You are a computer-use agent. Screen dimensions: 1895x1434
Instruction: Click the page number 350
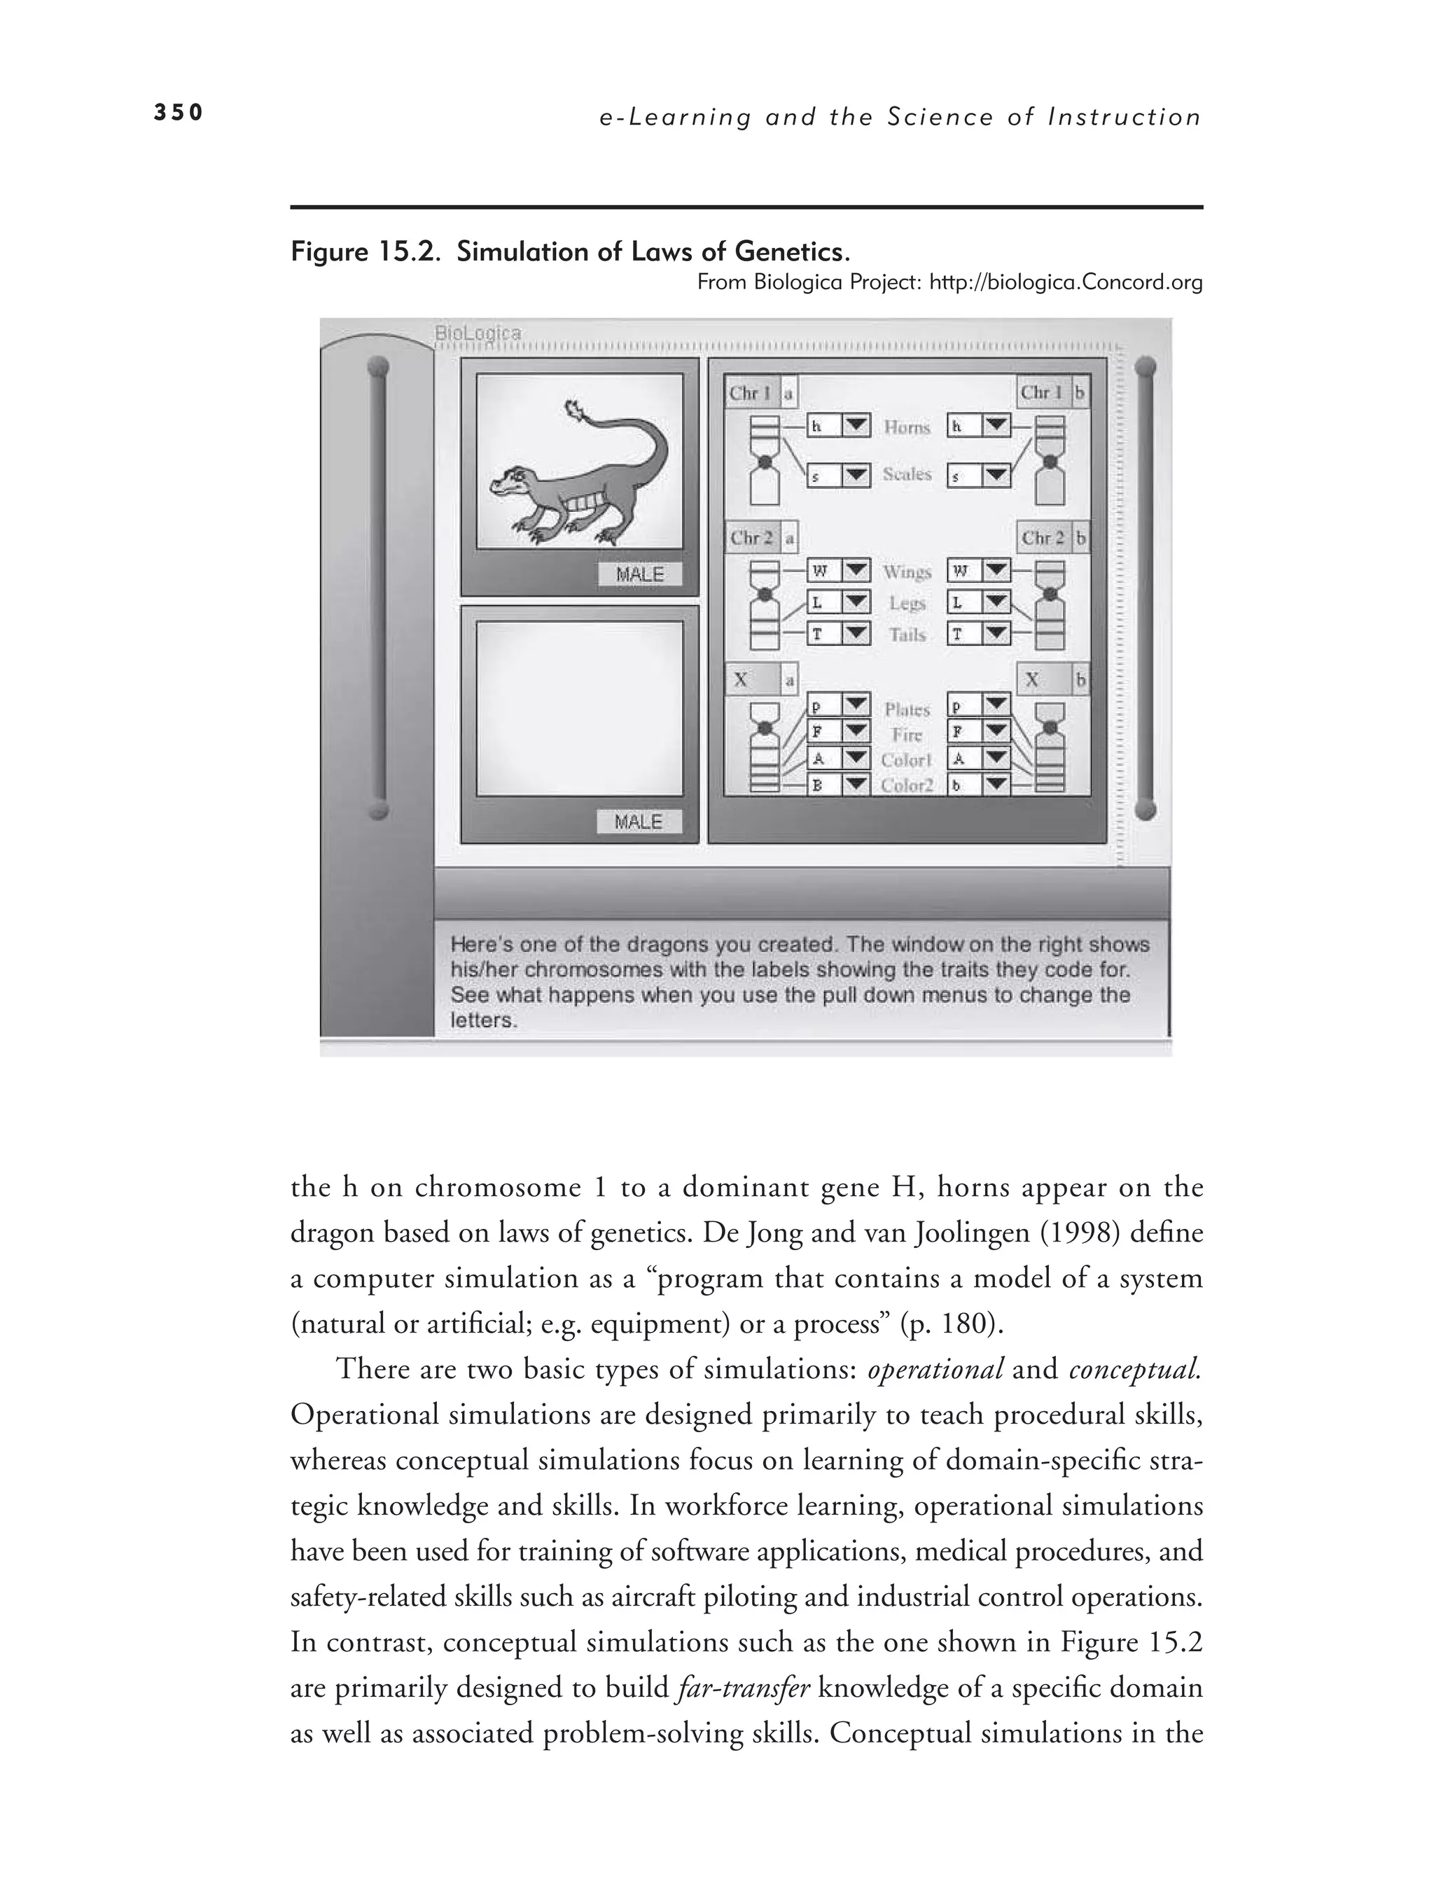(178, 112)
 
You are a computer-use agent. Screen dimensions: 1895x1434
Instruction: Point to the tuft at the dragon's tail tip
(574, 412)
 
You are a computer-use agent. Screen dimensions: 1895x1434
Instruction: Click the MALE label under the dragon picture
(639, 574)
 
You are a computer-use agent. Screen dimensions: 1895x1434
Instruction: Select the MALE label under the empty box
(639, 821)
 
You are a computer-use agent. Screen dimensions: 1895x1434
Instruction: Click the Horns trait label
(906, 426)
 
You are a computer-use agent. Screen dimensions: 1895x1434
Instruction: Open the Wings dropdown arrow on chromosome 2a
(856, 571)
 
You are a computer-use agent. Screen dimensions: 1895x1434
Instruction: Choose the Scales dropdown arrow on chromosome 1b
(996, 476)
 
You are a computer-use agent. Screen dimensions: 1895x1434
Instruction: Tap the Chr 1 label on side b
(1040, 394)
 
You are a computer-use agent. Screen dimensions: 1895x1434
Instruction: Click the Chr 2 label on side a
(751, 538)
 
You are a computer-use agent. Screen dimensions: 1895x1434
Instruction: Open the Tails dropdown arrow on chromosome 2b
(996, 634)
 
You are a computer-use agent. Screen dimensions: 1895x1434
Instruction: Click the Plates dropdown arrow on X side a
(856, 706)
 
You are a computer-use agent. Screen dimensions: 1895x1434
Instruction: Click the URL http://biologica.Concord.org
(1066, 282)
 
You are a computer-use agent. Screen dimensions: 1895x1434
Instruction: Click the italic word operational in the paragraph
(935, 1368)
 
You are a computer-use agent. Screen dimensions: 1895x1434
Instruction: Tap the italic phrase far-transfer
(743, 1688)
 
